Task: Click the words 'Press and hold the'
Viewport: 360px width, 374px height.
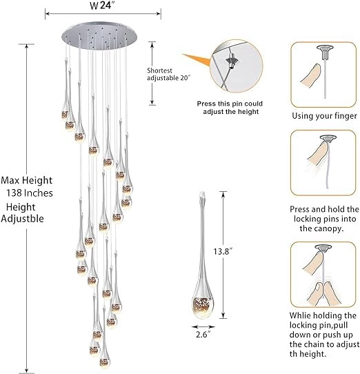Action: [x=323, y=208]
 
